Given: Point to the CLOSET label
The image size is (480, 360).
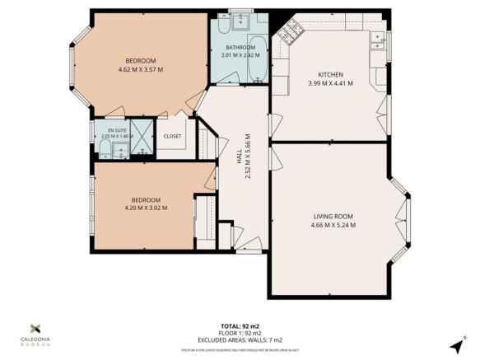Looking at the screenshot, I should (173, 136).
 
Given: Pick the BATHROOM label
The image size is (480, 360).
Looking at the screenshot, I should (240, 46).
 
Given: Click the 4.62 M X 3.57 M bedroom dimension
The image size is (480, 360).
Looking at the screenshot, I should (139, 70).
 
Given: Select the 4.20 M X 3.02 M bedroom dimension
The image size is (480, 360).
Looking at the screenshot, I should (145, 208).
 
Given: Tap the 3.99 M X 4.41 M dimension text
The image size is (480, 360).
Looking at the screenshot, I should (329, 83).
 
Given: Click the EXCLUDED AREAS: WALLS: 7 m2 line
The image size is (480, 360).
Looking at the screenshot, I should (240, 340).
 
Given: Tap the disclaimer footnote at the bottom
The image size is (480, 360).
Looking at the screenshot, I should (240, 351).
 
